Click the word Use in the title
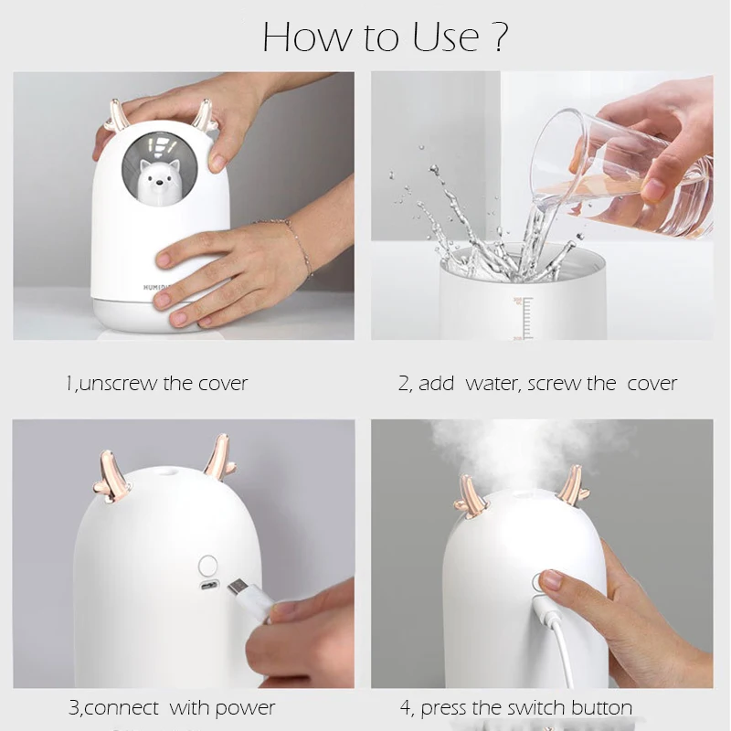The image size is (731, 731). click(x=446, y=37)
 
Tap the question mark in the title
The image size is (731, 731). click(x=499, y=36)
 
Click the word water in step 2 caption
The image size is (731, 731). click(x=493, y=384)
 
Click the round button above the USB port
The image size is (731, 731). click(x=208, y=566)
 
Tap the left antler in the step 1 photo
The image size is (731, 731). click(x=118, y=115)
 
